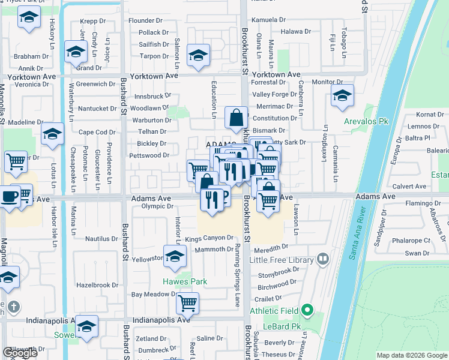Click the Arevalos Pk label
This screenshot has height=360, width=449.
point(366,121)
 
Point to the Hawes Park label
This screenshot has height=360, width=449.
point(185,281)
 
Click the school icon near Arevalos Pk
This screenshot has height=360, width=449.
point(342,95)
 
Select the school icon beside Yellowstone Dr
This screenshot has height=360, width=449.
point(175,257)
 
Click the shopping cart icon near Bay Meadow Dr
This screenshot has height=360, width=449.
point(188,304)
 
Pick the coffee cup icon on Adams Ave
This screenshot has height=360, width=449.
point(9,197)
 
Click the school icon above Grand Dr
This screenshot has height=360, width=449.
point(76,52)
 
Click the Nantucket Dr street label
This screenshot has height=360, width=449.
point(97,109)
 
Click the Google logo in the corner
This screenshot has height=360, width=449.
point(20,353)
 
